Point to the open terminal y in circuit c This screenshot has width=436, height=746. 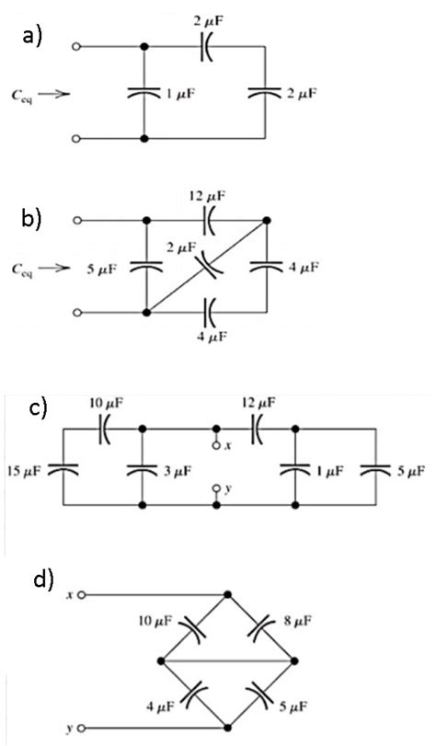(x=217, y=489)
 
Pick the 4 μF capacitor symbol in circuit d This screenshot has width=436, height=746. (x=196, y=692)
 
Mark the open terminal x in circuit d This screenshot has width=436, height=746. (x=82, y=595)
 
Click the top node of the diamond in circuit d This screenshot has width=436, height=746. (x=228, y=595)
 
